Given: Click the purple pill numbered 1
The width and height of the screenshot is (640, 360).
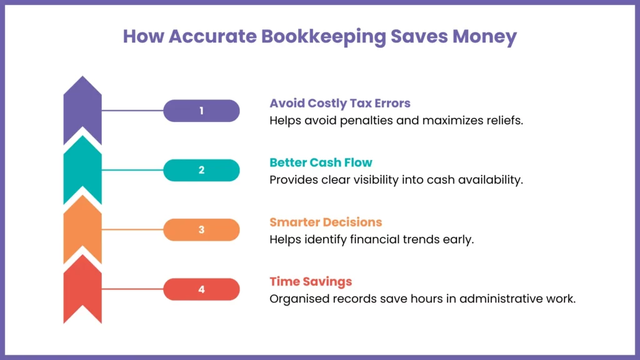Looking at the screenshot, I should pos(201,111).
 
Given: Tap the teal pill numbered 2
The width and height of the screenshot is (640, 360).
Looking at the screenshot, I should pos(201,170).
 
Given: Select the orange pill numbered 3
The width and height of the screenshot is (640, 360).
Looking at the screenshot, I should pos(201,229).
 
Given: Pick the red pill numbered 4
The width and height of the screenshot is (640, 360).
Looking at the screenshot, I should pos(201,289).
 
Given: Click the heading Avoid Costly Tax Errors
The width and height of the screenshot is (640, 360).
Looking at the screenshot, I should pos(340,103).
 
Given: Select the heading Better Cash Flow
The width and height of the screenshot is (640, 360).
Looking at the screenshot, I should pos(321,162).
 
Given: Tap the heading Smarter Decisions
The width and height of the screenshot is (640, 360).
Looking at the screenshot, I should pos(326,222).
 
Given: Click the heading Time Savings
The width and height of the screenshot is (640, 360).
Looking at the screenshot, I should pos(311,281).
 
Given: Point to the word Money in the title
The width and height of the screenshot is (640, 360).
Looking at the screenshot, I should pos(485,37).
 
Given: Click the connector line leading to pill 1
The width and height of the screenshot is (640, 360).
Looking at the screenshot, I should pos(132,111).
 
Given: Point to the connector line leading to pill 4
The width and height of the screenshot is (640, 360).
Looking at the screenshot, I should pos(132,289).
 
